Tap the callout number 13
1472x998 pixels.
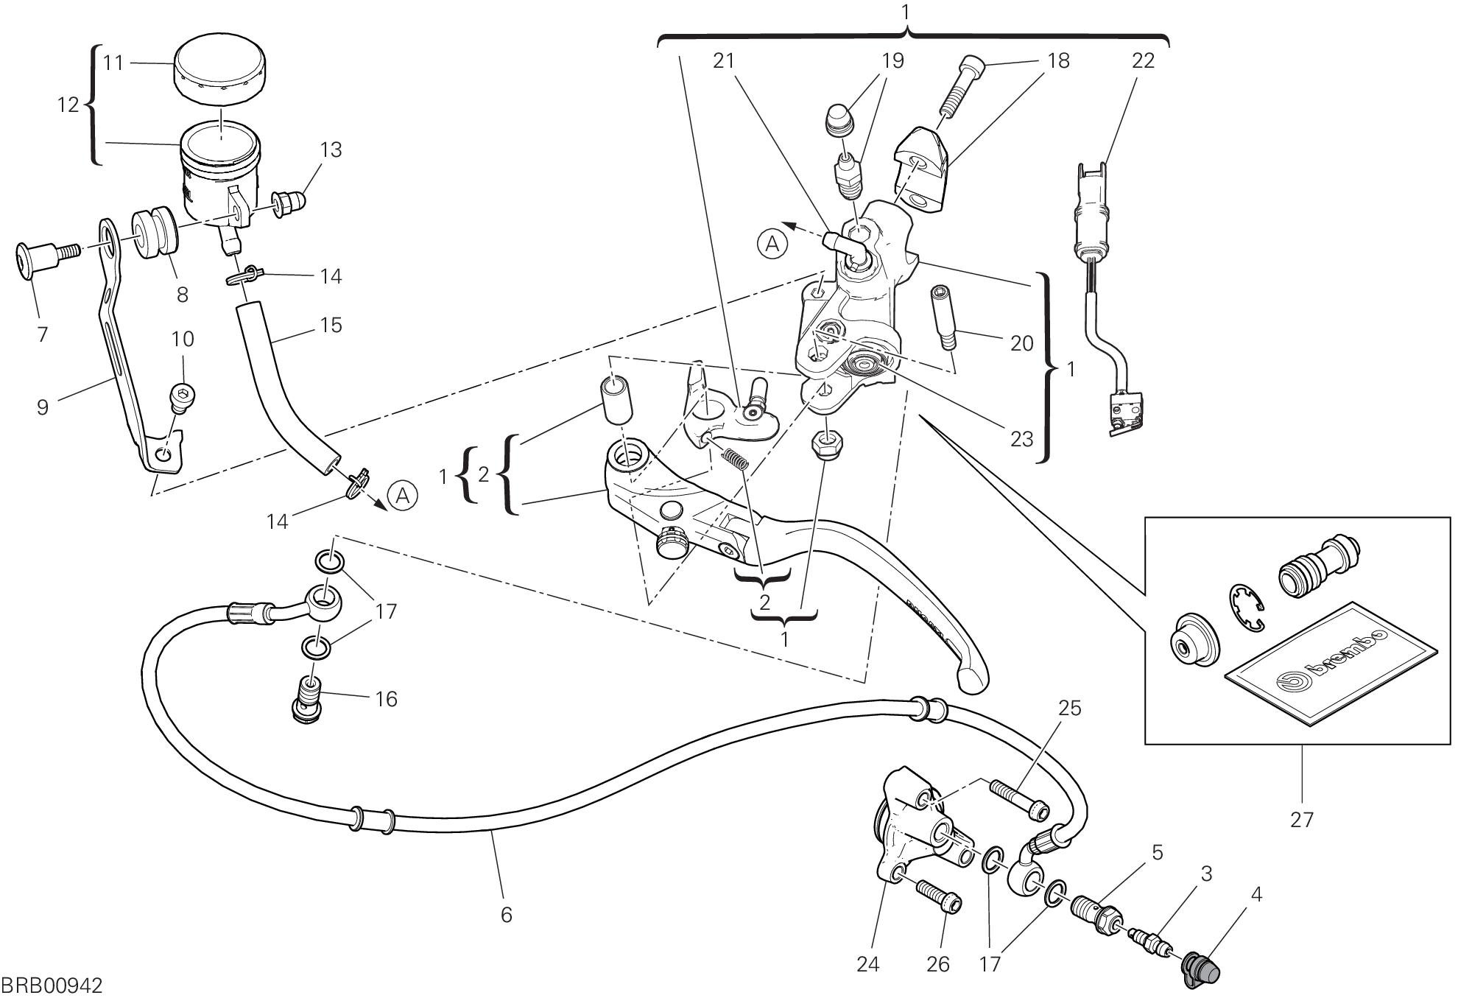coord(331,150)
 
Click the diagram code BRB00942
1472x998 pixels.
coord(52,985)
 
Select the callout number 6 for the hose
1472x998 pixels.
coord(506,914)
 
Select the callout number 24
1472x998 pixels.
coord(868,963)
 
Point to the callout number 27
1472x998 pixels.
coord(1301,819)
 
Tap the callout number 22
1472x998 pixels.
coord(1143,60)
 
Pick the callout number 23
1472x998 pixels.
coord(1021,438)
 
